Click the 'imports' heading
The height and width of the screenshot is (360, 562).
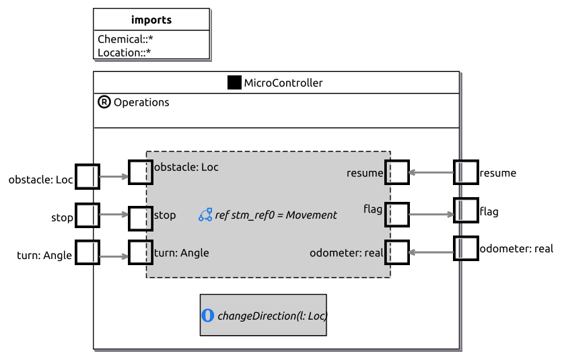pos(151,20)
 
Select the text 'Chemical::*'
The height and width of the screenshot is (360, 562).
pos(125,39)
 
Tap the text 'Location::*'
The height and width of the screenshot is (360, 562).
pos(124,52)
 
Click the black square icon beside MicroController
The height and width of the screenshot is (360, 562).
pos(234,82)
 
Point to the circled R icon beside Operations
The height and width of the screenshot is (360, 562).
pos(104,102)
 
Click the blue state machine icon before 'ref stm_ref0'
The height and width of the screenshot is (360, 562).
pos(205,215)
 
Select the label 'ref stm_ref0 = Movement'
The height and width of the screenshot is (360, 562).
pos(276,215)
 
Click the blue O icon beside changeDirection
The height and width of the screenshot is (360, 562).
pos(208,316)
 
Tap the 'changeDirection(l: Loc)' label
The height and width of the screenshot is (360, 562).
pos(273,316)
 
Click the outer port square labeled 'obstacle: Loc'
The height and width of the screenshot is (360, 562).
pos(87,176)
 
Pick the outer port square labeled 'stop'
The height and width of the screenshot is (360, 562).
pos(87,215)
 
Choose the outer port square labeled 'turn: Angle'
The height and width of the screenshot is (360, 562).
pos(87,252)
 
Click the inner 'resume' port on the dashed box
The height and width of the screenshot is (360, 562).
pos(397,172)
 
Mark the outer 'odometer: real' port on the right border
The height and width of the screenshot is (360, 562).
pos(466,248)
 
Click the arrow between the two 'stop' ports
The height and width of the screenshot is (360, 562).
pos(114,215)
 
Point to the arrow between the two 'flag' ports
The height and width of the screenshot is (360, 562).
pos(431,215)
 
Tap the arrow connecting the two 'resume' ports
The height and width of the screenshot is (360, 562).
pos(431,172)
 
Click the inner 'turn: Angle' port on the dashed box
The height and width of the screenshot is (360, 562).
pos(141,252)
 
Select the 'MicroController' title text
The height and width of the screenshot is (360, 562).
pos(283,83)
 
